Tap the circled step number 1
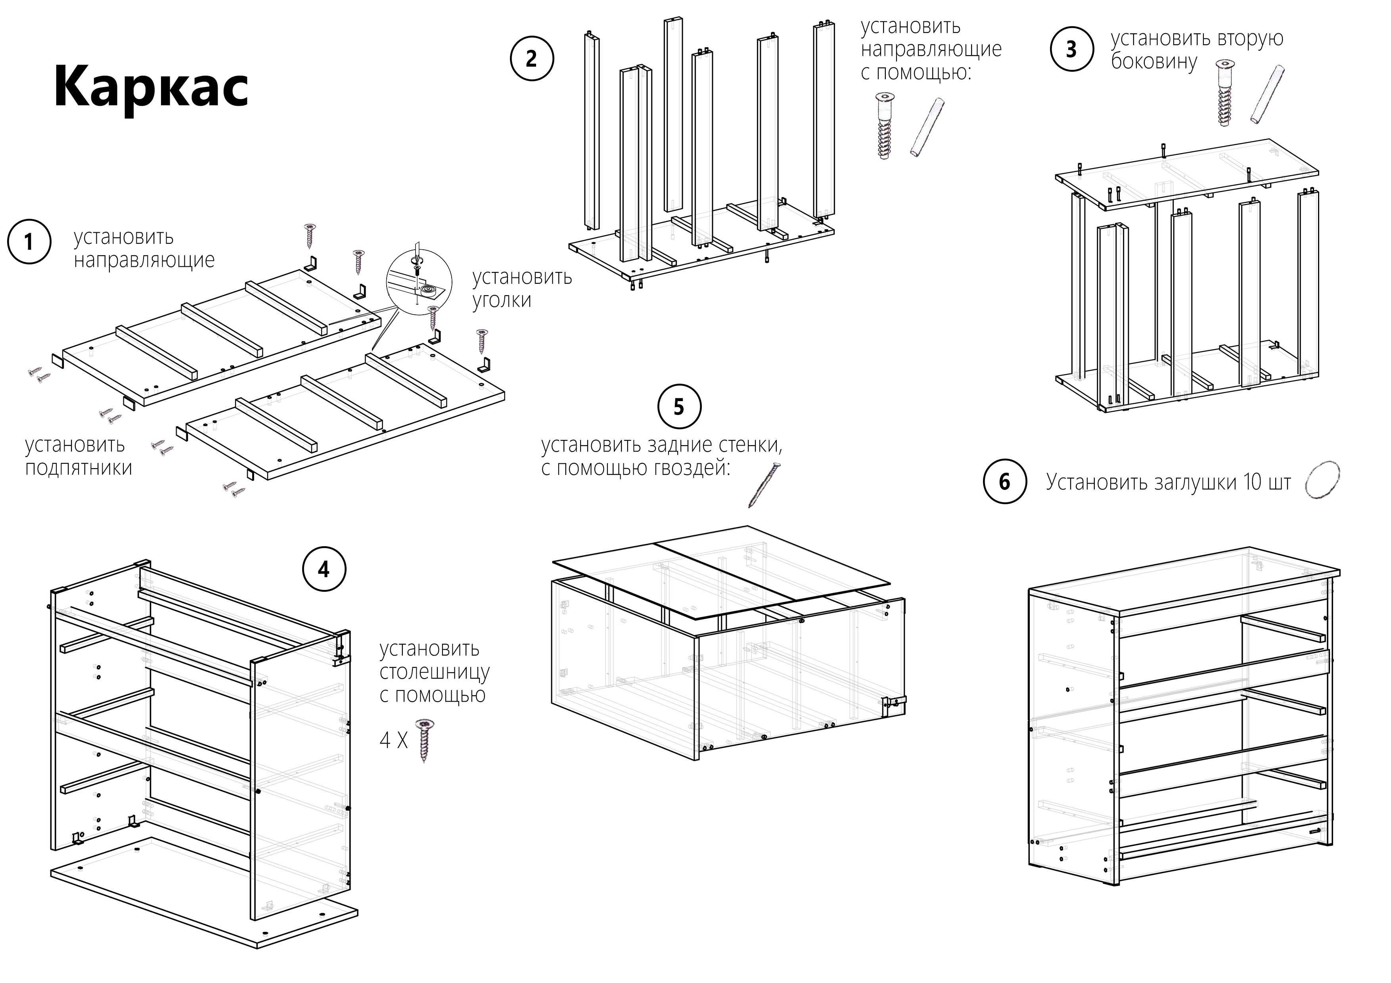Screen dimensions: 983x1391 coord(29,242)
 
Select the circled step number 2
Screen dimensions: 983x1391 coord(531,59)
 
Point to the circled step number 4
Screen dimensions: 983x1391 coord(324,569)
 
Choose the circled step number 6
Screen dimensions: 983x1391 coord(1004,482)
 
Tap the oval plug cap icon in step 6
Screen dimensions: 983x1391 coord(1322,480)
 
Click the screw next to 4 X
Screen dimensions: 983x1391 coord(425,740)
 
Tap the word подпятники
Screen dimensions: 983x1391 coord(79,468)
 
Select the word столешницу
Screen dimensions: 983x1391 coord(434,672)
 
